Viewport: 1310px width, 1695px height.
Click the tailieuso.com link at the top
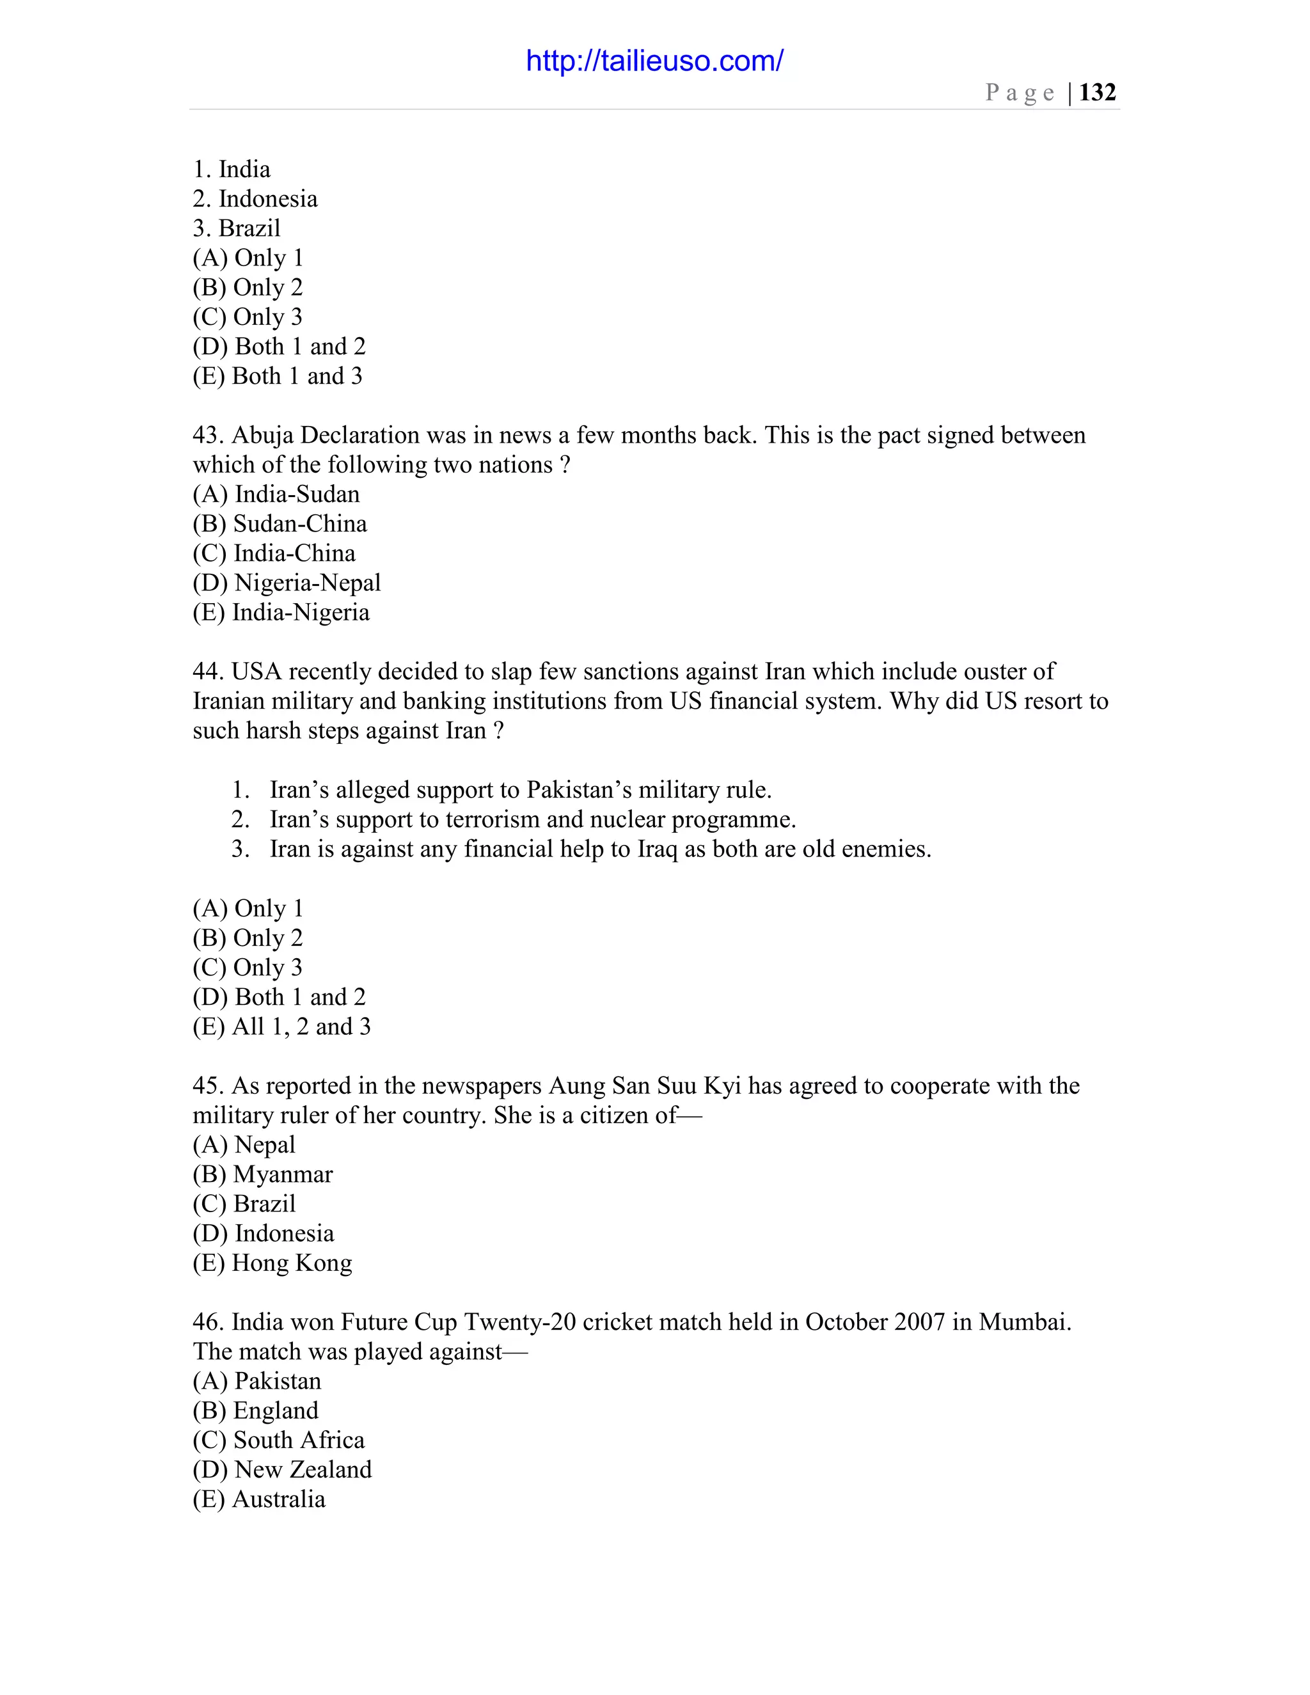pos(654,61)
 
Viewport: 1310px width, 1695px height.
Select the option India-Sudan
pos(276,494)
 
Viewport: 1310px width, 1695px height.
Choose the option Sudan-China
pos(280,524)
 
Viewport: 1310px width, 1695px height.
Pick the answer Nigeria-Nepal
pos(287,583)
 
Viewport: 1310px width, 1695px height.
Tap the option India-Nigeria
pos(281,612)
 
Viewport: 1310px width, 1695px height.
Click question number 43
pos(207,436)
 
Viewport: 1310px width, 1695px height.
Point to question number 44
pos(207,672)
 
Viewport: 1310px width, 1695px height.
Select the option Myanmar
pos(262,1174)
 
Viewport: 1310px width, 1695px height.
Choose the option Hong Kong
pos(272,1263)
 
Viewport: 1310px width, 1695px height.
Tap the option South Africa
pos(279,1440)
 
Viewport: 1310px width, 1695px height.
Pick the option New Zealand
pos(283,1469)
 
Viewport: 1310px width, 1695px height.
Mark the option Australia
pos(259,1499)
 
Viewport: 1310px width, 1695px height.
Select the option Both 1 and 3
pos(277,376)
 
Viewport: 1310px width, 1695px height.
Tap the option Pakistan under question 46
pos(257,1381)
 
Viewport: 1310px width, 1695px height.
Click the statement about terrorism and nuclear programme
pos(532,819)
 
